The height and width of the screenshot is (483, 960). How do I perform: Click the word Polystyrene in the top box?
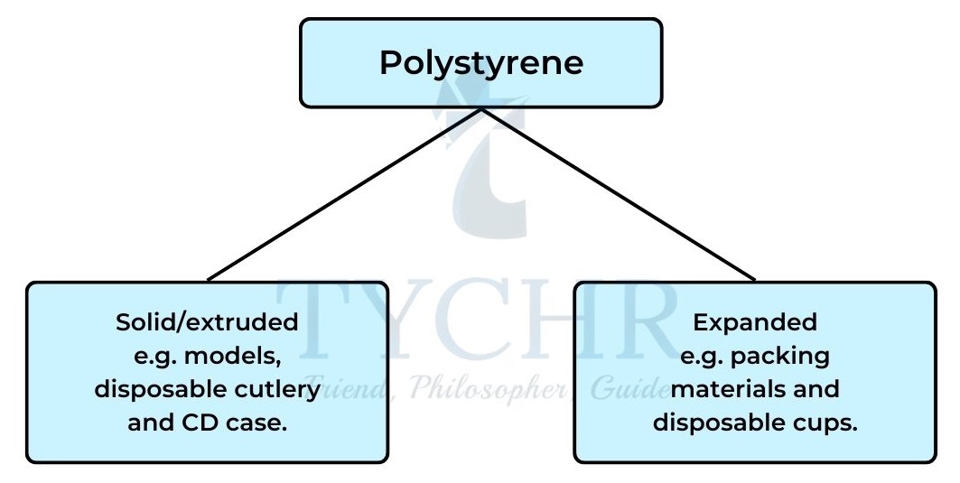point(481,63)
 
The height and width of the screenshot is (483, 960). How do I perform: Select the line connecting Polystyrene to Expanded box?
point(619,194)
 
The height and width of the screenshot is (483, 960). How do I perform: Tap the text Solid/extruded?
point(207,322)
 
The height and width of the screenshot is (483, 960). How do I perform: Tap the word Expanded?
point(754,322)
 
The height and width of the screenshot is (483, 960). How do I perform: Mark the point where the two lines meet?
point(481,109)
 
